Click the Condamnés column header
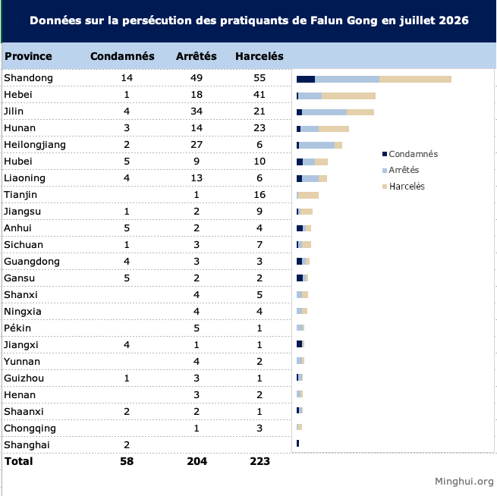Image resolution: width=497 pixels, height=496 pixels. point(122,56)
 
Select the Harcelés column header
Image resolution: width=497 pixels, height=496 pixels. point(260,56)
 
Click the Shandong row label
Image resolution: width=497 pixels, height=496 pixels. point(28,78)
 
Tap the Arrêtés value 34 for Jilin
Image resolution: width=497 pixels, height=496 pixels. point(197,111)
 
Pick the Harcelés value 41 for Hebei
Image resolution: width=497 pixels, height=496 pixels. point(260,94)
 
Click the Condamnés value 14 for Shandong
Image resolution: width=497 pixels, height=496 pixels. point(127,78)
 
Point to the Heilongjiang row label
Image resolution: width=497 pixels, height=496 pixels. point(35,145)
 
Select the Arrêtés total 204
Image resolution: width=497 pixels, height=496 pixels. point(197,461)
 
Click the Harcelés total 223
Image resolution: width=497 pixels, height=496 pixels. point(260,461)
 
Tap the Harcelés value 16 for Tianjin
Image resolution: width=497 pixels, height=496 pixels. point(260,194)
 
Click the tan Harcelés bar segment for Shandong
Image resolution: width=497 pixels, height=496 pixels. point(415,79)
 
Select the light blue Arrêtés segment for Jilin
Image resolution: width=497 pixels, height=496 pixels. point(324,112)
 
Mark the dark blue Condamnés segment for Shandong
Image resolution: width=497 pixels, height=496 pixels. point(306,79)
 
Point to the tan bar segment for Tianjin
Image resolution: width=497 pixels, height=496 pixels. point(308,195)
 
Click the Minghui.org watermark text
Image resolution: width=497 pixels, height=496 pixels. point(464,481)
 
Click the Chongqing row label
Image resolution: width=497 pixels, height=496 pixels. point(30,429)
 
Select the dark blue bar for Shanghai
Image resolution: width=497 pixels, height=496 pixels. point(297,444)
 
